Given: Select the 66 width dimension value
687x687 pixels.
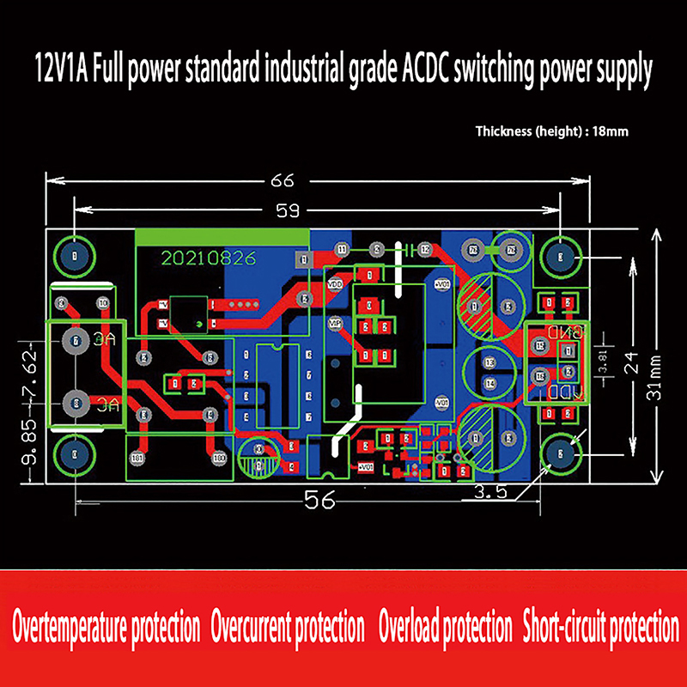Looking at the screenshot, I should tap(283, 181).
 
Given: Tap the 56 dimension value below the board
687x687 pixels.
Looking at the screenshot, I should tap(319, 502).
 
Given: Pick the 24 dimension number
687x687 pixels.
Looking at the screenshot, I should tap(633, 362).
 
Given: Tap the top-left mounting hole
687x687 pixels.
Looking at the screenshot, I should tap(75, 255).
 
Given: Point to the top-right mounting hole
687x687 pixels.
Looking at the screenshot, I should tap(560, 255).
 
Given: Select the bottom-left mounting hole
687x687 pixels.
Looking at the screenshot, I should tap(75, 455).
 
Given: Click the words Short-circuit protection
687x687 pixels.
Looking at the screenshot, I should tap(600, 628).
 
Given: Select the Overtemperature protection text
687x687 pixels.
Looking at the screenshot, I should tap(106, 628).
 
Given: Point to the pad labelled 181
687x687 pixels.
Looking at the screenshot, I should tap(137, 459).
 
